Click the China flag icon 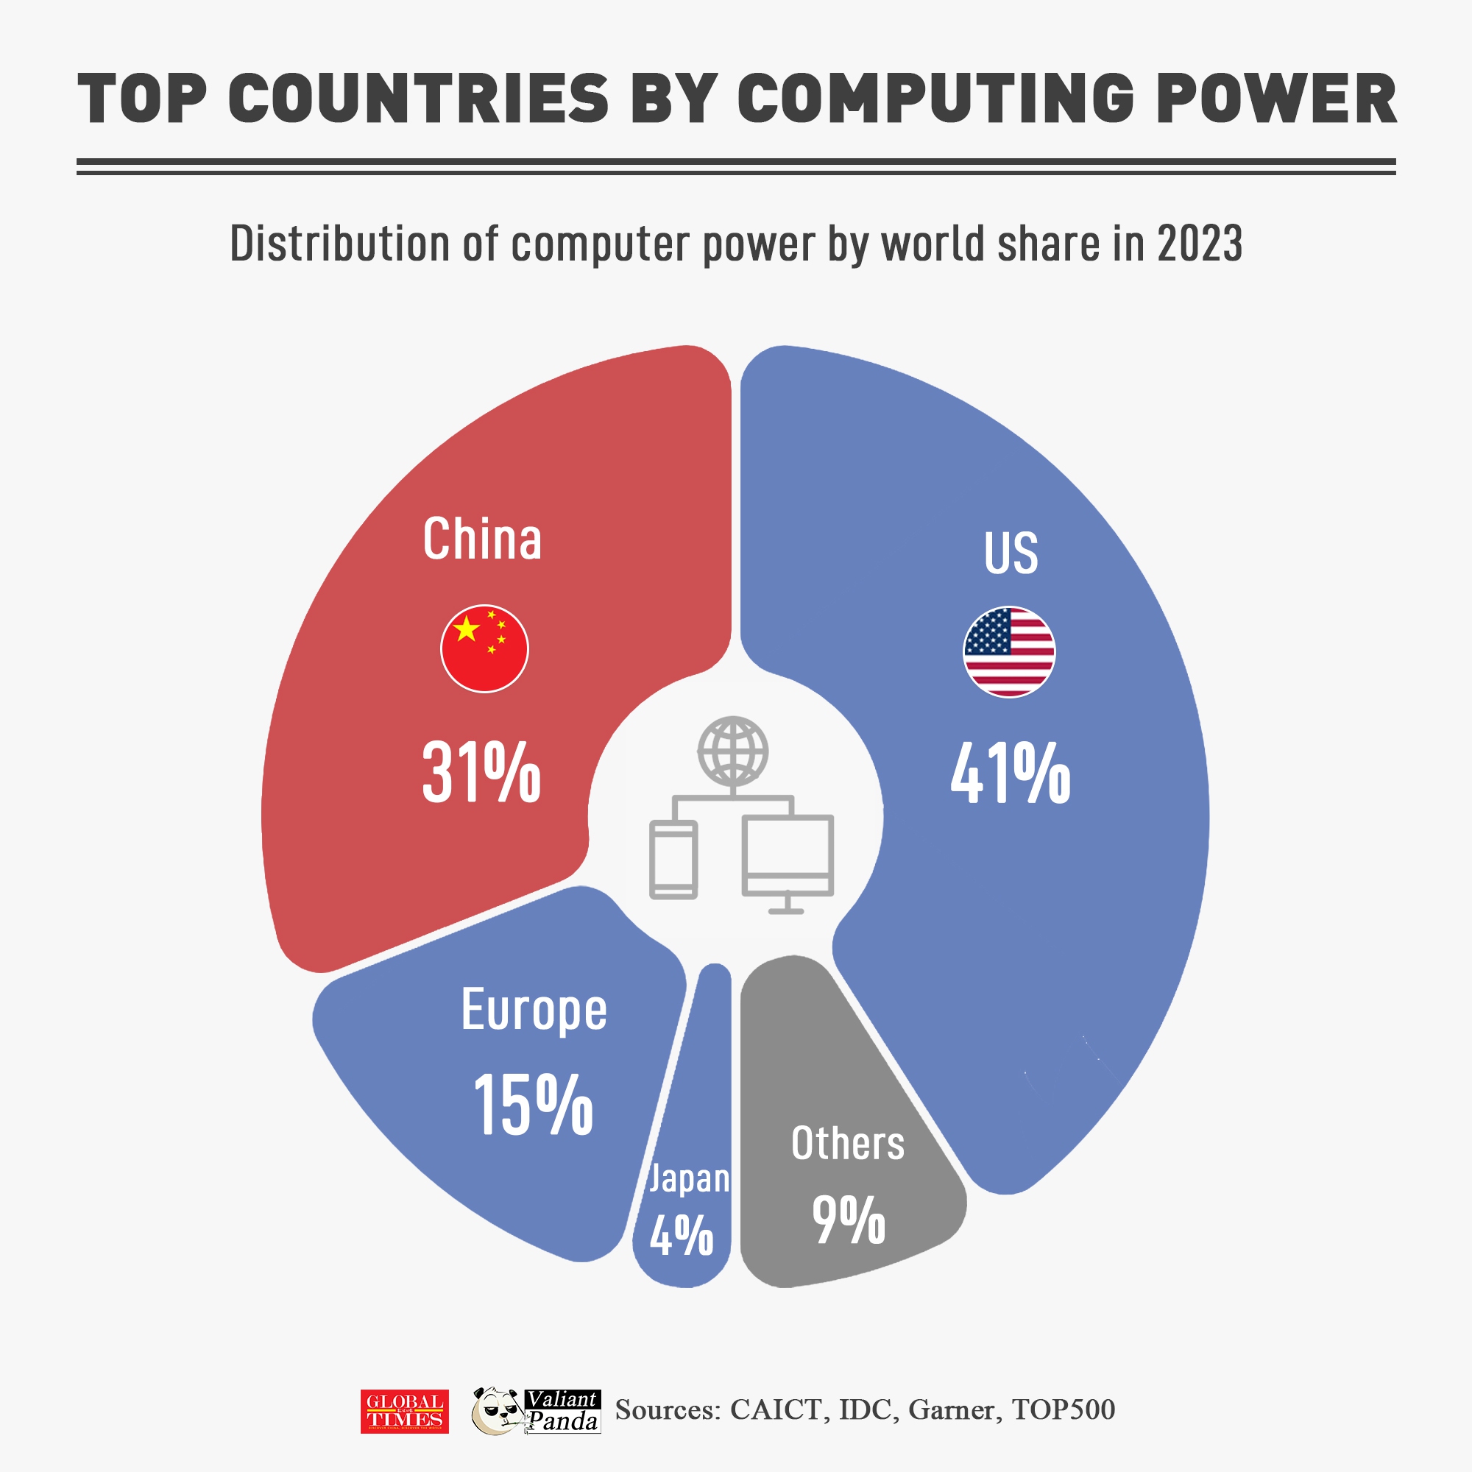pos(484,648)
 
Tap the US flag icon pos(1009,651)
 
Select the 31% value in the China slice pos(481,773)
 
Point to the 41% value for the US pos(1011,774)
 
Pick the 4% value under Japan pos(681,1235)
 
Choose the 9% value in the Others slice pos(848,1220)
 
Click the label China pos(482,539)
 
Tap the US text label pos(1011,553)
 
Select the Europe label pos(534,1011)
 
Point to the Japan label pos(689,1178)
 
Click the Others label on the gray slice pos(847,1144)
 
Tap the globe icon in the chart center pos(733,751)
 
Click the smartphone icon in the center pos(673,860)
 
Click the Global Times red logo pos(405,1411)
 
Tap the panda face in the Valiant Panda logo pos(496,1411)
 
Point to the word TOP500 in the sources pos(1063,1409)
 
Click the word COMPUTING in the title pos(938,99)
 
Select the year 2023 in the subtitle pos(1200,244)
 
